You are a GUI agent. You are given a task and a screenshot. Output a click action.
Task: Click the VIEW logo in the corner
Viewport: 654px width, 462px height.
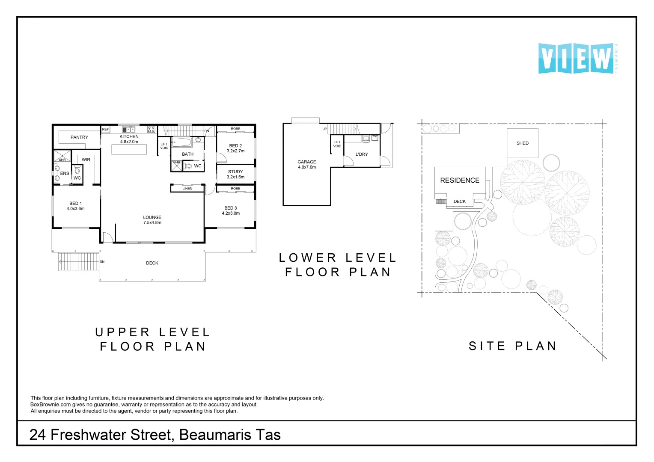pyautogui.click(x=576, y=58)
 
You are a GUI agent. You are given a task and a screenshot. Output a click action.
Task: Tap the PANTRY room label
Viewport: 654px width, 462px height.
pyautogui.click(x=79, y=137)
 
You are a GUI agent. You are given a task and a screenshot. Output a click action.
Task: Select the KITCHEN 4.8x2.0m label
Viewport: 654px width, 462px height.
pyautogui.click(x=129, y=139)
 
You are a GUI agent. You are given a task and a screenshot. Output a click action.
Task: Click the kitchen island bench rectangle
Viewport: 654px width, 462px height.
pyautogui.click(x=129, y=149)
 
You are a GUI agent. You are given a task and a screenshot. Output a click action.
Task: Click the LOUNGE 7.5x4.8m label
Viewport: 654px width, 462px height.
pyautogui.click(x=152, y=220)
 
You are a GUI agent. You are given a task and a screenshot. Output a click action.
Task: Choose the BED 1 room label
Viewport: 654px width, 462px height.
pyautogui.click(x=75, y=206)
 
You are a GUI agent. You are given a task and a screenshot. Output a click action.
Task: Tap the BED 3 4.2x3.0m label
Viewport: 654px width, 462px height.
pyautogui.click(x=231, y=210)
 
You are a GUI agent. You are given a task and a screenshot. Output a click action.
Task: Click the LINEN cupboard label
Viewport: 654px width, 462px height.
pyautogui.click(x=187, y=189)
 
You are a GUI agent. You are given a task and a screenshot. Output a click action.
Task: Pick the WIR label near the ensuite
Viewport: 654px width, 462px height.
pyautogui.click(x=86, y=160)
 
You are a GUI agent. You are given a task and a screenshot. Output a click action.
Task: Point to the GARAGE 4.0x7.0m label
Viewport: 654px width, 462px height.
pyautogui.click(x=307, y=164)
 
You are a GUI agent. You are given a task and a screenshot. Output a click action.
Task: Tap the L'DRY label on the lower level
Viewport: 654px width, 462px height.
pyautogui.click(x=362, y=154)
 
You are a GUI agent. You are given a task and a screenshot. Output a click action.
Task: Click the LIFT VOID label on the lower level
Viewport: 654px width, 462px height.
pyautogui.click(x=337, y=144)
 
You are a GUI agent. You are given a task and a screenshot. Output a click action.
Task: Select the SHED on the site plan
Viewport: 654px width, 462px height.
pyautogui.click(x=522, y=143)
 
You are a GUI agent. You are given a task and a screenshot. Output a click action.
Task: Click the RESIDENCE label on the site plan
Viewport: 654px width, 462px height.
pyautogui.click(x=460, y=181)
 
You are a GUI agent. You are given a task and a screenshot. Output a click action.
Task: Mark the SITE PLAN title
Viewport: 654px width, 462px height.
pyautogui.click(x=513, y=346)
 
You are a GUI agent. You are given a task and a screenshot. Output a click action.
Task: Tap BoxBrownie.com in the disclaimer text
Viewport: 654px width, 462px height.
pyautogui.click(x=51, y=405)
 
